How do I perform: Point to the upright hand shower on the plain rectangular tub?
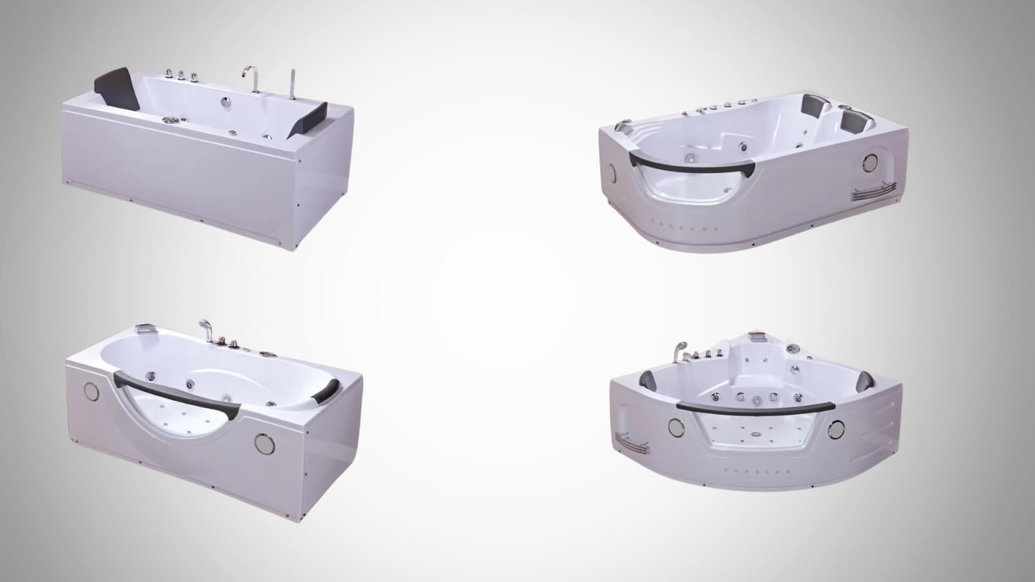pyautogui.click(x=292, y=84)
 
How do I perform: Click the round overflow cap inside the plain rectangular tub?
pyautogui.click(x=226, y=101)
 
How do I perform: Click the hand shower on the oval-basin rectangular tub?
pyautogui.click(x=204, y=325)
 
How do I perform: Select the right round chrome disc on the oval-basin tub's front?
pyautogui.click(x=262, y=443)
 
